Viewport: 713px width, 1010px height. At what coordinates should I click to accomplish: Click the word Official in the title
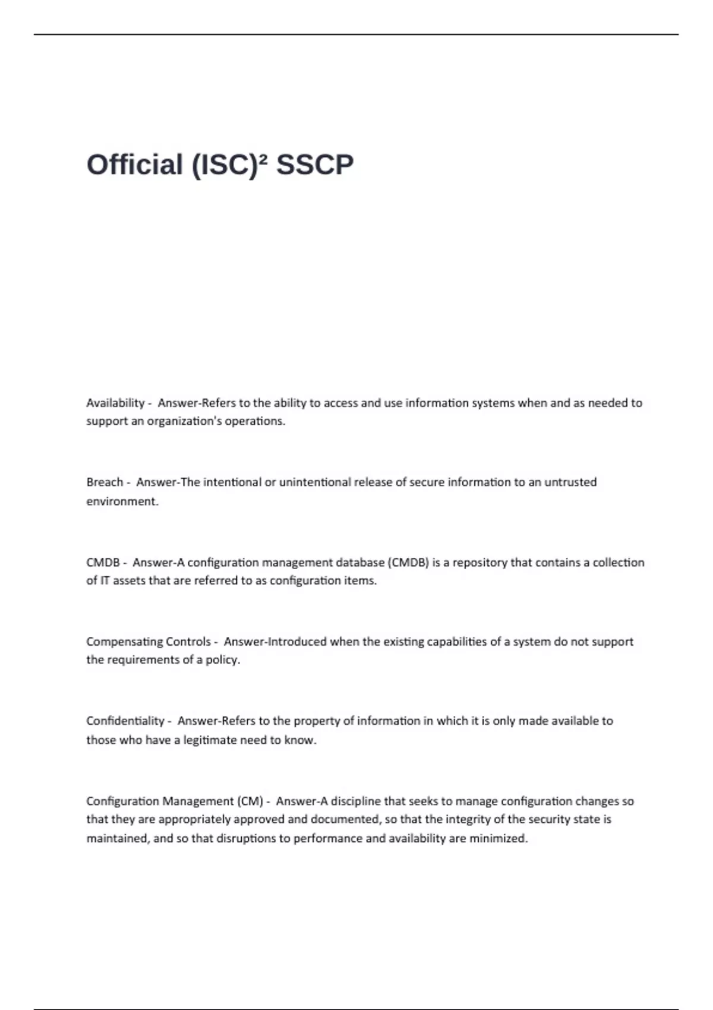[x=134, y=165]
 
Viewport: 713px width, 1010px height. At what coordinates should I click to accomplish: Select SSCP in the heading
[x=315, y=165]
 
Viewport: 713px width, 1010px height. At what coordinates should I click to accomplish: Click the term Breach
[x=105, y=482]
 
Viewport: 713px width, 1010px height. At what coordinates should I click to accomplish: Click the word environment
[x=122, y=501]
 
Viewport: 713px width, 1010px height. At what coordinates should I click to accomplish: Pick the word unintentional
[x=315, y=482]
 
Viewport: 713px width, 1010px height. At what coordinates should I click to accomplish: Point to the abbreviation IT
[x=105, y=580]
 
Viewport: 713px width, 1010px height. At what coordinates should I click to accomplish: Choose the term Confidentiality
[x=125, y=721]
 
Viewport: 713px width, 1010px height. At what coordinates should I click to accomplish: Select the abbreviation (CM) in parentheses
[x=250, y=801]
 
